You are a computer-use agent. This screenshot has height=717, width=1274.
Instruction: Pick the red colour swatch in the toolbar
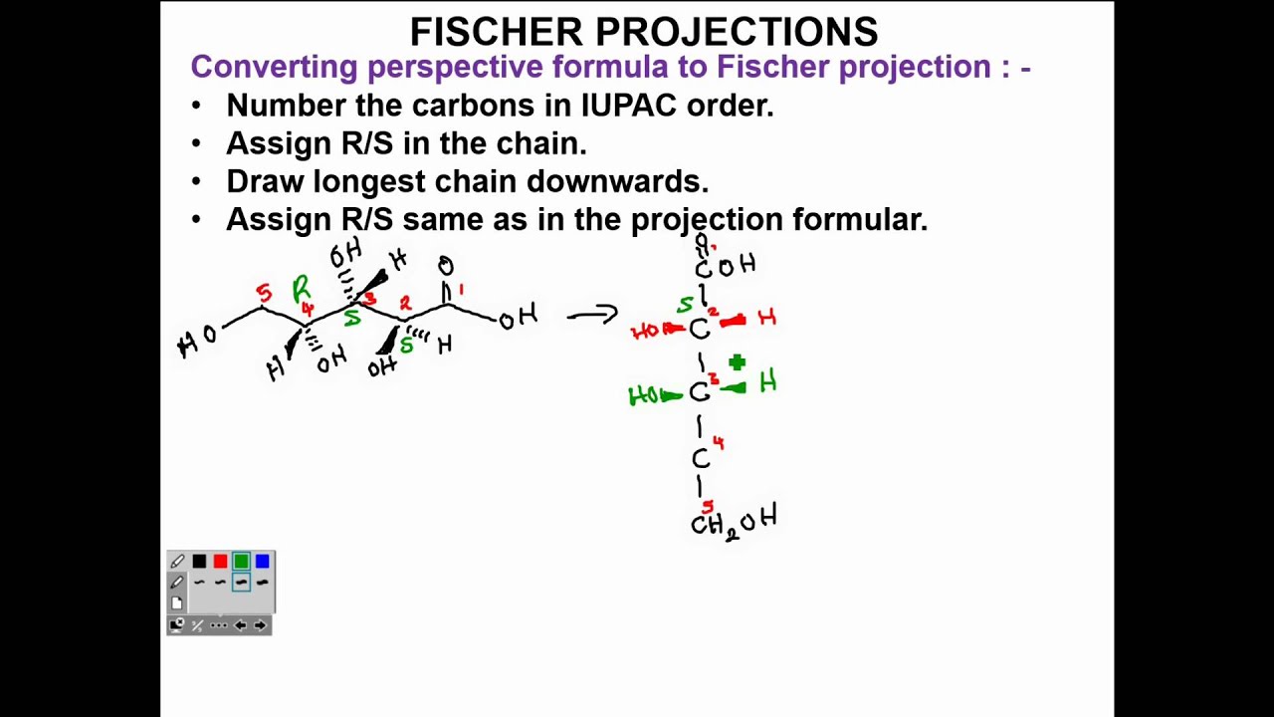[220, 562]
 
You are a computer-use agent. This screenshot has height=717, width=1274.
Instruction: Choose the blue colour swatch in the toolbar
[262, 562]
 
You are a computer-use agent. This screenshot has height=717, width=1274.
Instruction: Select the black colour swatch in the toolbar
[199, 562]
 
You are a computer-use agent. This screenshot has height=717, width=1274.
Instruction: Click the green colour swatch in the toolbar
[241, 562]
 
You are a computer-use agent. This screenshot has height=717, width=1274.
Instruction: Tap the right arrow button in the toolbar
[260, 625]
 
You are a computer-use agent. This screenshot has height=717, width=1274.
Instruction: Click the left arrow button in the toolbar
[240, 625]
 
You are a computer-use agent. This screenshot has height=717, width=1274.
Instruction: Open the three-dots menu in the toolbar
[219, 625]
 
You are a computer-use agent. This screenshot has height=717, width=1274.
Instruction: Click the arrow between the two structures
[592, 316]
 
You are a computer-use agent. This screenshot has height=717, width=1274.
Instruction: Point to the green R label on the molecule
[301, 290]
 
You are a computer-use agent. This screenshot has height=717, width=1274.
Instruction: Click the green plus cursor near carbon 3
[737, 363]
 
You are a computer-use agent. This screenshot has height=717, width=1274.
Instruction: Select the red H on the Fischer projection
[766, 318]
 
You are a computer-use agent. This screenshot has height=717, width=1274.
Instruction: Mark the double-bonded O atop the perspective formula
[446, 266]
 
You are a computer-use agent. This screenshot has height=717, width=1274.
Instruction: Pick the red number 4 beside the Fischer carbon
[719, 443]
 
